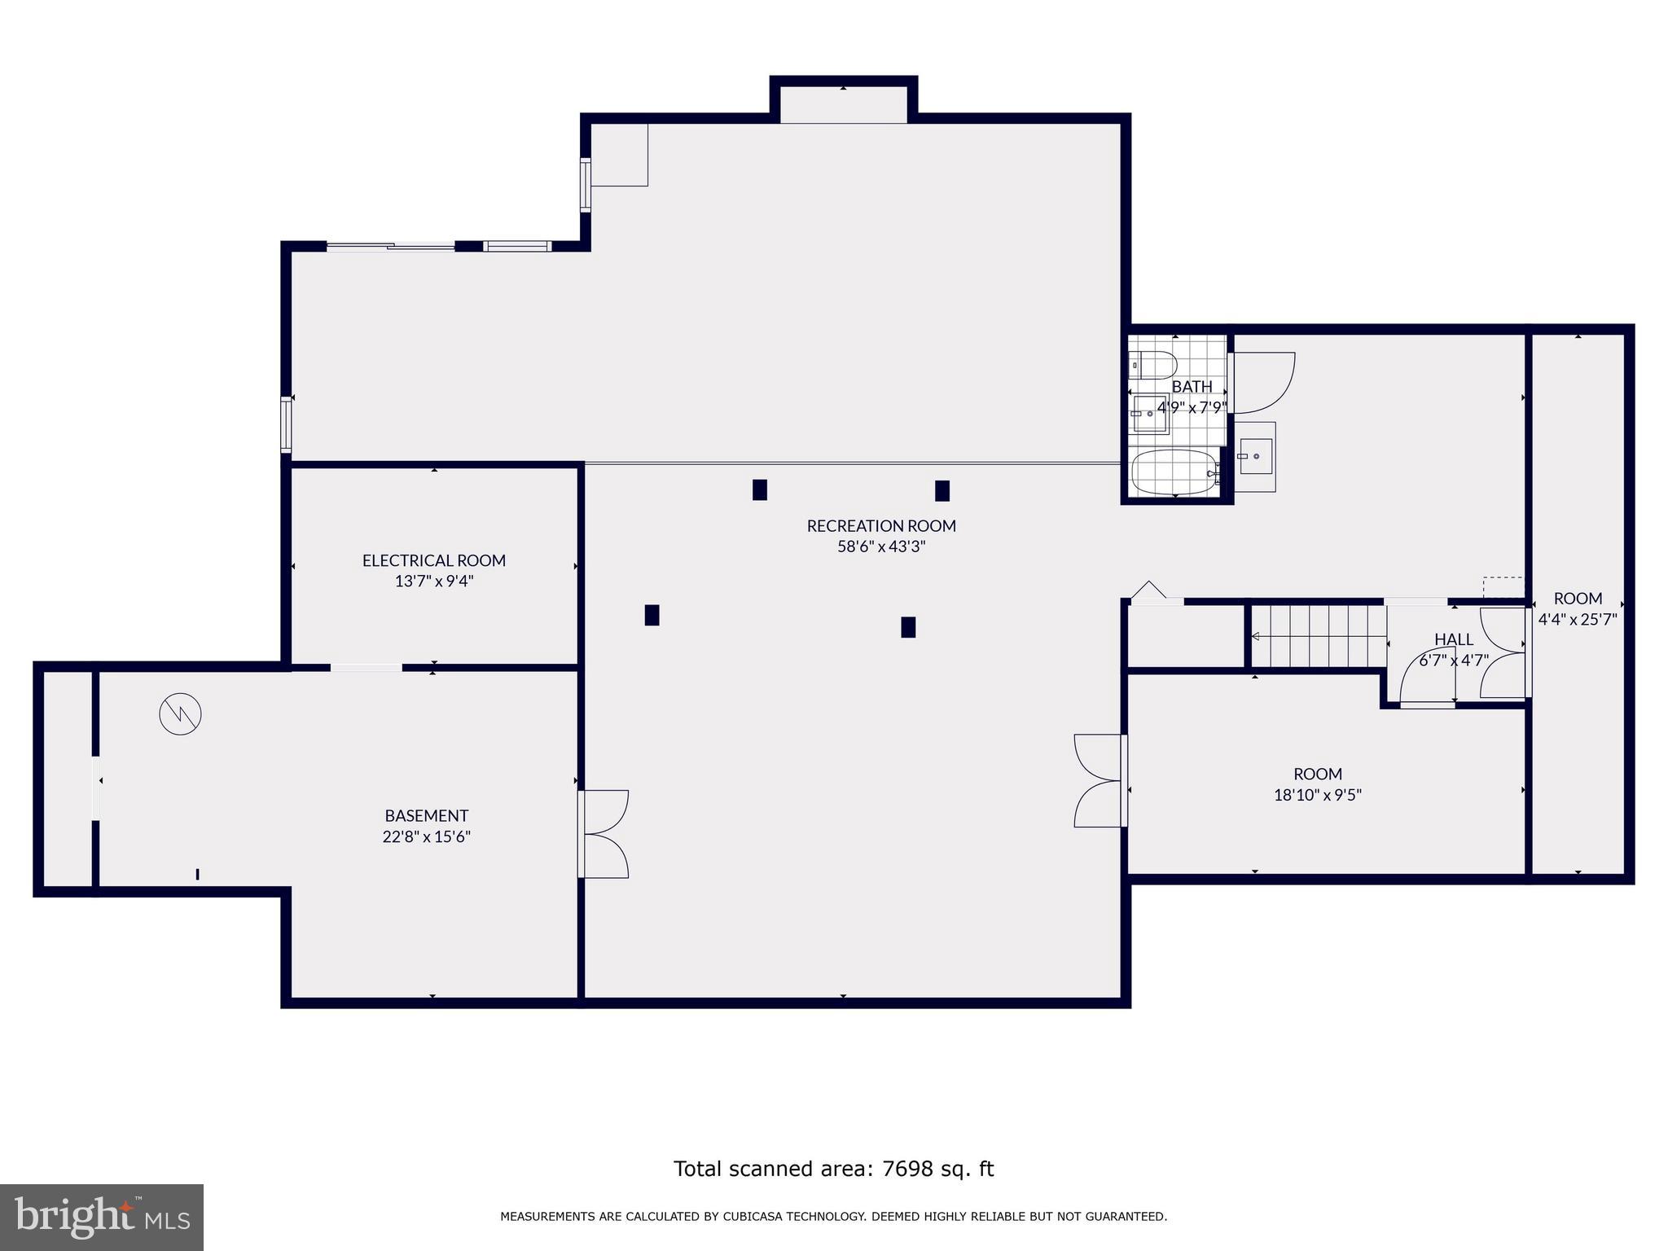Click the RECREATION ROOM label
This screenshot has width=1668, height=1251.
pyautogui.click(x=880, y=526)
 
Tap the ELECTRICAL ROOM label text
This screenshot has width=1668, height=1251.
pyautogui.click(x=433, y=560)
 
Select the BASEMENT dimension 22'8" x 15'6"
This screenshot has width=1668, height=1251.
pyautogui.click(x=426, y=836)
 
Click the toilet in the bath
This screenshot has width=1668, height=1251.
pyautogui.click(x=1152, y=364)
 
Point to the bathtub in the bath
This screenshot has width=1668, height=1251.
pyautogui.click(x=1174, y=472)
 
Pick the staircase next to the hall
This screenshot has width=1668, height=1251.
pyautogui.click(x=1318, y=636)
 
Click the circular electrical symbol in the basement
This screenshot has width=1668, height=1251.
pyautogui.click(x=180, y=714)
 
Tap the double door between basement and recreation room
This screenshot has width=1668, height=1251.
pyautogui.click(x=604, y=834)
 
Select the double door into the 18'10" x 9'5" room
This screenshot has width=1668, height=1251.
pyautogui.click(x=1100, y=780)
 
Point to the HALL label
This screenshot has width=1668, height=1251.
pyautogui.click(x=1453, y=639)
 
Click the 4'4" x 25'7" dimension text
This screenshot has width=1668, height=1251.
pyautogui.click(x=1577, y=619)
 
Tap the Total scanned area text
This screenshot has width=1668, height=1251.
pyautogui.click(x=833, y=1169)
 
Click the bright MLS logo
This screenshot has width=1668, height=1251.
pyautogui.click(x=102, y=1217)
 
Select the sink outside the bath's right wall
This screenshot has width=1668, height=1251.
pyautogui.click(x=1255, y=456)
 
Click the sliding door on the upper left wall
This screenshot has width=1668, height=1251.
pyautogui.click(x=391, y=246)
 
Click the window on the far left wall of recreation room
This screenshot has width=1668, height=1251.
pyautogui.click(x=286, y=424)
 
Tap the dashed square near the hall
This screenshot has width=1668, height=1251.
pyautogui.click(x=1503, y=587)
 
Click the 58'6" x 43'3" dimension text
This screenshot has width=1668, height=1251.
pyautogui.click(x=880, y=546)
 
